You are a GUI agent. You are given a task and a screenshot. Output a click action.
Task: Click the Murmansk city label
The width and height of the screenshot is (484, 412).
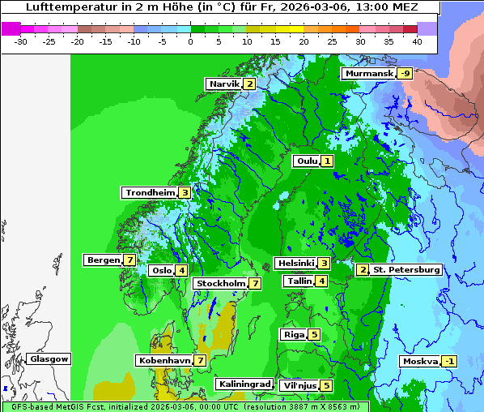coord(369,74)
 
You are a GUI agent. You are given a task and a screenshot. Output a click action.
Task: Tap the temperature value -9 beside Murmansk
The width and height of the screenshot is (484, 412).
coord(405,74)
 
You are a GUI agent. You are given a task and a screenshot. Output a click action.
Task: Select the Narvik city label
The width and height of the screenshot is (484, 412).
coord(224,84)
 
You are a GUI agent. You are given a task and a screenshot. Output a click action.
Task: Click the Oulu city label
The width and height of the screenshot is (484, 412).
coord(307,161)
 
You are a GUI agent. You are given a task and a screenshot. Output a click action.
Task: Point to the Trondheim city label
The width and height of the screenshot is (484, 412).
coord(151,193)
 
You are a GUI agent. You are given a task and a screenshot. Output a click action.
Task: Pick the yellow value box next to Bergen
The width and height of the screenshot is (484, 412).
coord(129,260)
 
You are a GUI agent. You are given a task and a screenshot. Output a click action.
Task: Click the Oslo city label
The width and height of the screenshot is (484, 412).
coord(162,271)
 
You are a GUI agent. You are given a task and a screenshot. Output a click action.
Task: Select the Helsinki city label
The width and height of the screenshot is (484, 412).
coord(295,264)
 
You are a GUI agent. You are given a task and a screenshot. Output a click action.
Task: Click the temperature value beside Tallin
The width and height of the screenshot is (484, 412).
coord(322,281)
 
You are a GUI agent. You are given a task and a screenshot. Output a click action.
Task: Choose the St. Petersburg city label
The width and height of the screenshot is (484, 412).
coord(406,270)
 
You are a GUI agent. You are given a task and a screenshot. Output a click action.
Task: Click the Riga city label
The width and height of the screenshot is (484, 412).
coord(294,335)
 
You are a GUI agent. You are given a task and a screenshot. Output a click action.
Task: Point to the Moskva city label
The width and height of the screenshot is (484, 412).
coord(420,362)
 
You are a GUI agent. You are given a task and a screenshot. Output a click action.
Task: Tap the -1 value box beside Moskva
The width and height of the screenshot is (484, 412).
coord(448,362)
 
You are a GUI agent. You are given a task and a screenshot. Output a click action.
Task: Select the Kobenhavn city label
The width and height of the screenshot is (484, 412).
coord(164,360)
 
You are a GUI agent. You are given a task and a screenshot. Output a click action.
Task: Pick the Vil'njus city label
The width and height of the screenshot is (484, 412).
coord(299,386)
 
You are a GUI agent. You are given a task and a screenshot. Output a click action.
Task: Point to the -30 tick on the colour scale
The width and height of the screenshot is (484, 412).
coord(21,41)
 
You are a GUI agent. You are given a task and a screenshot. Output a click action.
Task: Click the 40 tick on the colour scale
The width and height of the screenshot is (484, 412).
coord(417,41)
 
